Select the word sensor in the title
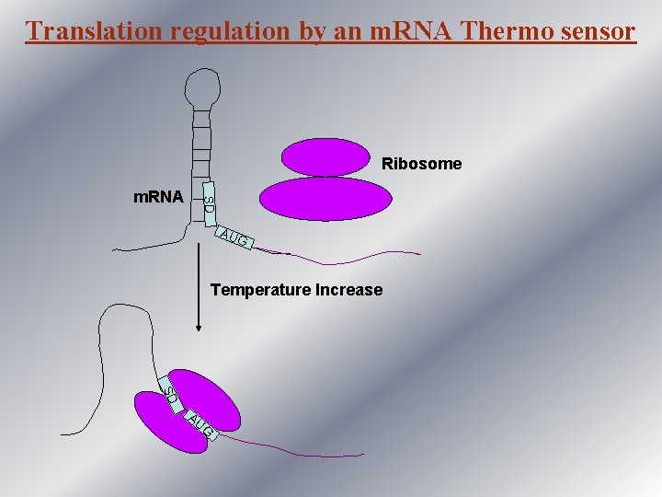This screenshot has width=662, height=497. [596, 31]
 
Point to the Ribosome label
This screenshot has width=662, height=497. [421, 165]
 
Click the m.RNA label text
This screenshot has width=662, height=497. [158, 197]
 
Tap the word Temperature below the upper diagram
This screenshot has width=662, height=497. [260, 290]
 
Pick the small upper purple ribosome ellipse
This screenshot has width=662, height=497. [324, 156]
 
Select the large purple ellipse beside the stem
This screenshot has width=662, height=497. [325, 199]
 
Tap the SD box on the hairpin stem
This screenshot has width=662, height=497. [210, 202]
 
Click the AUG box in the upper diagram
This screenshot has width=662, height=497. [235, 239]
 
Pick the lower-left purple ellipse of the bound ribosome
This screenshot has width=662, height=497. [170, 424]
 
